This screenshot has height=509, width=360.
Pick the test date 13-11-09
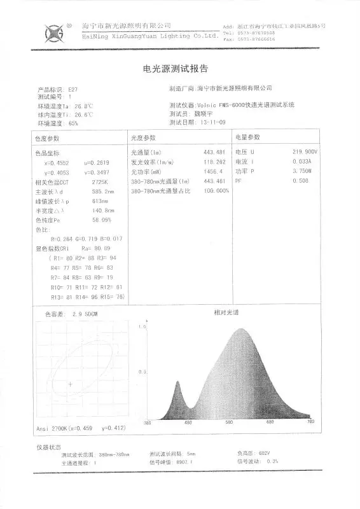coord(213,122)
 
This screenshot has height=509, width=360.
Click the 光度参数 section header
coord(143,137)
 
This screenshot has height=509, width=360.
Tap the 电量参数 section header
coord(247,137)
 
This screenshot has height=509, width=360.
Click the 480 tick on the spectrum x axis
coord(188,422)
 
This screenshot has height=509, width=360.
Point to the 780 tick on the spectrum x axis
coord(310,422)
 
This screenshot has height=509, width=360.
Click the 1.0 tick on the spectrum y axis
coord(142,326)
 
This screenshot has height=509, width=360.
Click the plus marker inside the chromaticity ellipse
coord(70,384)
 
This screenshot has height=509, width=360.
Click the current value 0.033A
coord(301,162)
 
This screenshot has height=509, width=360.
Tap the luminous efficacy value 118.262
coord(214,163)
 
